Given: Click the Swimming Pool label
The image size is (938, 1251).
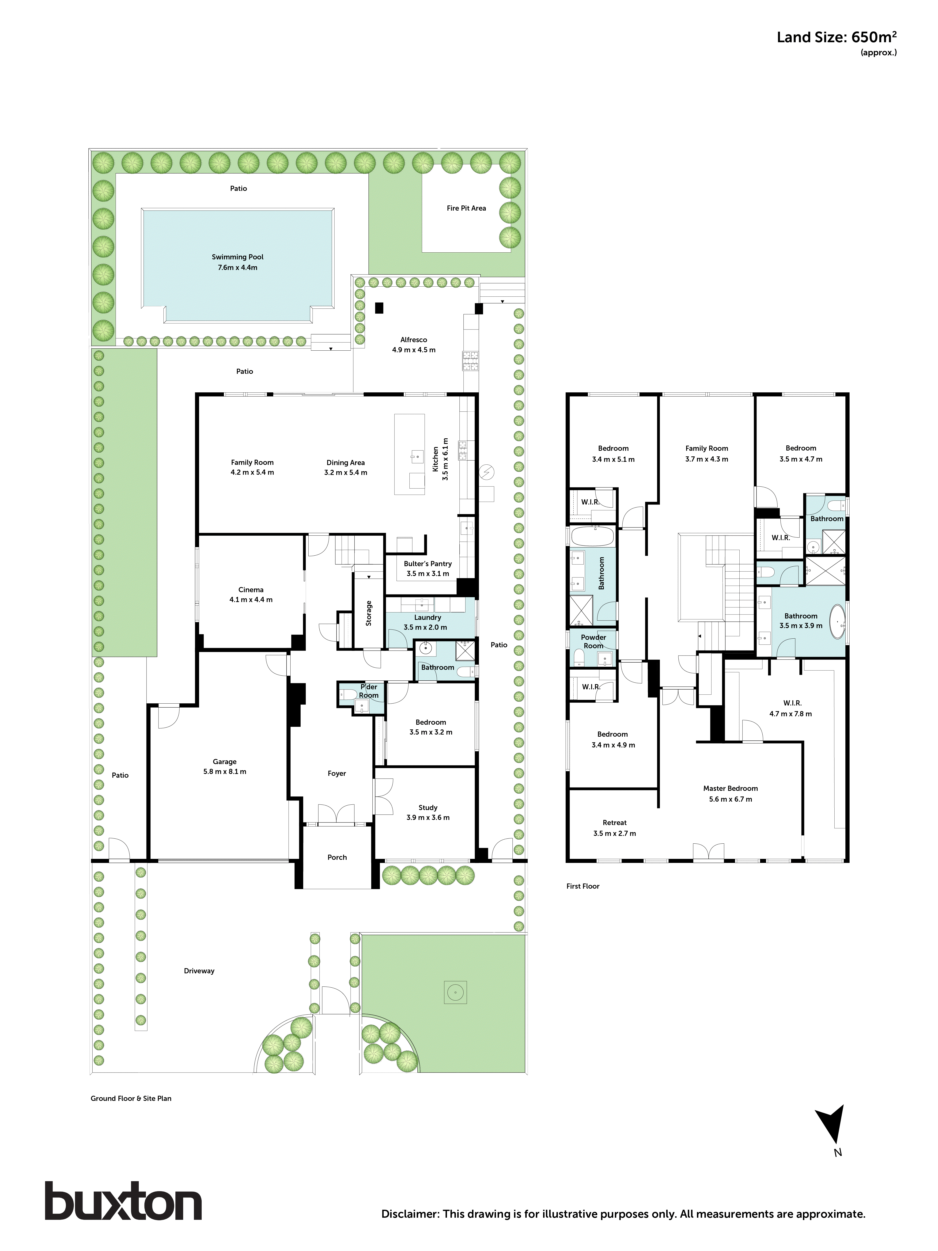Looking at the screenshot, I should [x=238, y=257].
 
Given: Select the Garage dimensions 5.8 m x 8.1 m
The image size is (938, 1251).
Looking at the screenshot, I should [x=224, y=771].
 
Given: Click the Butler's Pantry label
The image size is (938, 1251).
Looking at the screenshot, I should [x=427, y=564].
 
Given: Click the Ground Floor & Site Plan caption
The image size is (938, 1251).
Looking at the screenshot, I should [x=131, y=1098].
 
